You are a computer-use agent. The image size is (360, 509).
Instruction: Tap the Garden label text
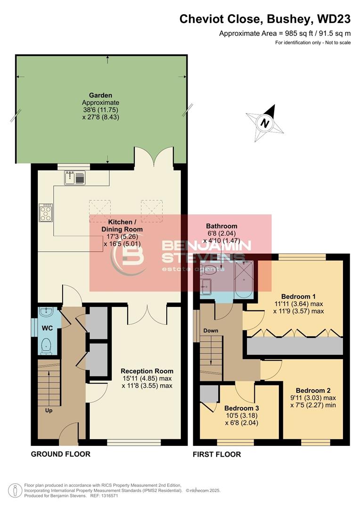pos(100,94)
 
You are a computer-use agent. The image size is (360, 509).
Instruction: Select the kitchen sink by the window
pos(75,178)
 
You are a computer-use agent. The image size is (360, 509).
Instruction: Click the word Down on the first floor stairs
pos(210,330)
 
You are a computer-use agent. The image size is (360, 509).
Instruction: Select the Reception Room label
pos(147,371)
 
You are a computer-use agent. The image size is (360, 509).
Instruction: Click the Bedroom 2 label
pos(313,390)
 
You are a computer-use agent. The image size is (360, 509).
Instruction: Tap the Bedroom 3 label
pos(241,408)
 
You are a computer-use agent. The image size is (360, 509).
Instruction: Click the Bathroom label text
pos(221,226)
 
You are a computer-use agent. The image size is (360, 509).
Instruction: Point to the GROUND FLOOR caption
pos(60,454)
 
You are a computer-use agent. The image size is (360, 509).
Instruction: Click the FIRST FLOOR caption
pos(217,455)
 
